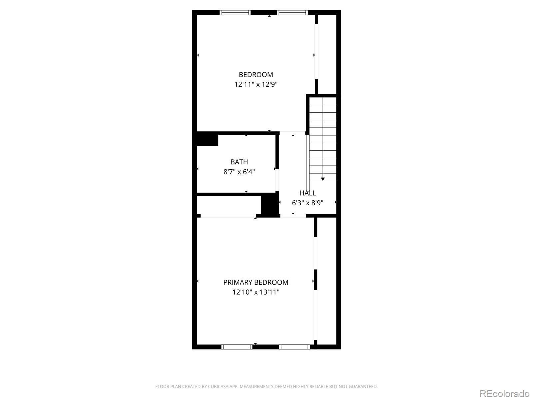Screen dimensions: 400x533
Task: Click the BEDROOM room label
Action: [256, 75]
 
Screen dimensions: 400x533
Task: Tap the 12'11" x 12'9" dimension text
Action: [256, 85]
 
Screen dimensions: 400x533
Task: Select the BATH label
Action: [239, 162]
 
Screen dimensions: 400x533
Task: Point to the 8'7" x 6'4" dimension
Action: [239, 172]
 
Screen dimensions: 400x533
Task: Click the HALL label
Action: [307, 193]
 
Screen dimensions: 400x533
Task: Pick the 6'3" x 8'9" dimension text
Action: [307, 203]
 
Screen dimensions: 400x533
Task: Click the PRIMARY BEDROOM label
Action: [256, 282]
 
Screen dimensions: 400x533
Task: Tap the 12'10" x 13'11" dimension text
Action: [256, 292]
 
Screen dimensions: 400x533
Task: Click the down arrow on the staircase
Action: [323, 179]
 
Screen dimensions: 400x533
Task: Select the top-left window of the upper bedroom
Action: [235, 13]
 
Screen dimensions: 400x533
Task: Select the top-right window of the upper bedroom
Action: [292, 13]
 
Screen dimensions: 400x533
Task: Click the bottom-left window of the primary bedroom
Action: [237, 347]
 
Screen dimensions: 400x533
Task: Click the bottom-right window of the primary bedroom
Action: [294, 347]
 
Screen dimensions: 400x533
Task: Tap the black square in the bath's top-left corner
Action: [207, 139]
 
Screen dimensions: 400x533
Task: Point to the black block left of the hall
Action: [269, 205]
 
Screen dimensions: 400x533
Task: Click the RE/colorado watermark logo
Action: [504, 394]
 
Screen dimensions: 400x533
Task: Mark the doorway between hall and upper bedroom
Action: [292, 133]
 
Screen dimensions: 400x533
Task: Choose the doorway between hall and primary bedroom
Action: [293, 216]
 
